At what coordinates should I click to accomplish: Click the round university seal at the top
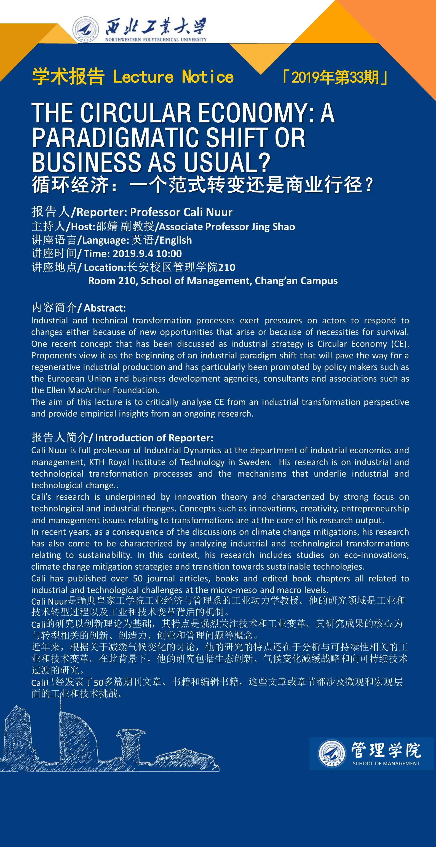86,29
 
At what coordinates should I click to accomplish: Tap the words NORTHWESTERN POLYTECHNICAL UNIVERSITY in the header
156,40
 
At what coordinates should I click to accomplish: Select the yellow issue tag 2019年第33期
335,77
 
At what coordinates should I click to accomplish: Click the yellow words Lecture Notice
173,77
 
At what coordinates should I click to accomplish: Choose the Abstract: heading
105,308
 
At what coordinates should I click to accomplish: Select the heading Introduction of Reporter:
154,438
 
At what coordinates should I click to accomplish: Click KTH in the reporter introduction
97,462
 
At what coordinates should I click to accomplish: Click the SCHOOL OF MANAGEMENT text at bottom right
386,763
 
